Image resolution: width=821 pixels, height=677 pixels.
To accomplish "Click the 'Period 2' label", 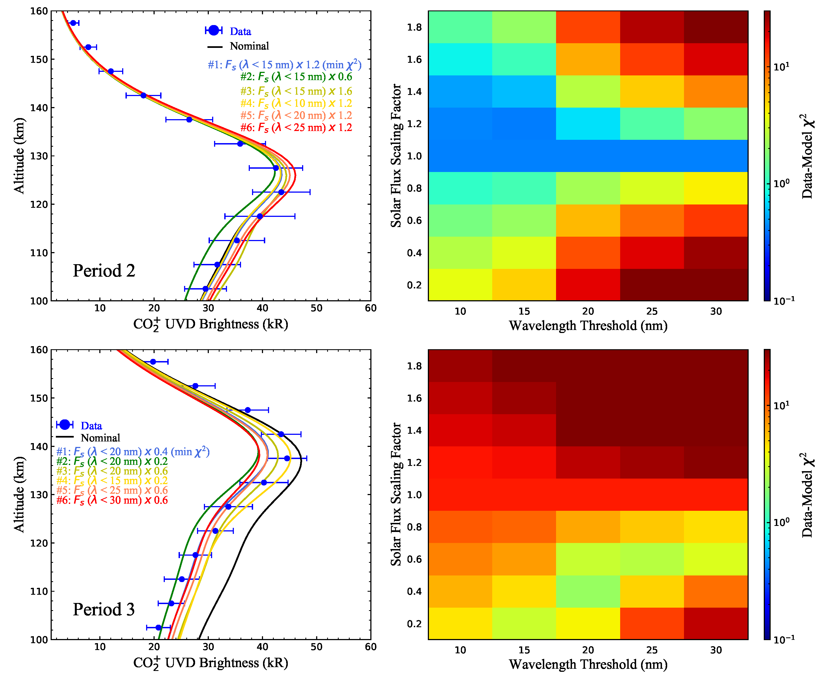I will (104, 271).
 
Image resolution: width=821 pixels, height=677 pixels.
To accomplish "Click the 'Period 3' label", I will (104, 609).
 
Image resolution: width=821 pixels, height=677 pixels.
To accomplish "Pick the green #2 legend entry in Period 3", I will (112, 461).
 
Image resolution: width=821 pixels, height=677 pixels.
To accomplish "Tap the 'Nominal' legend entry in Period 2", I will (249, 46).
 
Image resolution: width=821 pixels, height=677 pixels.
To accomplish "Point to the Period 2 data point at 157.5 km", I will (73, 23).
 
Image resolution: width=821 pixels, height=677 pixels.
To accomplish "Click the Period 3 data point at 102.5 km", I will (158, 627).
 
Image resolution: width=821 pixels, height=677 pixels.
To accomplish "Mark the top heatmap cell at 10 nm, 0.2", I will (460, 285).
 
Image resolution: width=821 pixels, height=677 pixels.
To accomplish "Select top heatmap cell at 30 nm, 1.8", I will (716, 27).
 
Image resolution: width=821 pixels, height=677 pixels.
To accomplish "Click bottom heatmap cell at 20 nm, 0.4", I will (588, 591).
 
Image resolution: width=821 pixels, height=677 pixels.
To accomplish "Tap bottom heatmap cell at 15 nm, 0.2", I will (524, 624).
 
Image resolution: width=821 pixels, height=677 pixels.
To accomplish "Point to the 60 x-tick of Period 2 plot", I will (370, 308).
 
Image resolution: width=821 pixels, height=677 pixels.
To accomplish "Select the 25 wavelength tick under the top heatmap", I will (652, 311).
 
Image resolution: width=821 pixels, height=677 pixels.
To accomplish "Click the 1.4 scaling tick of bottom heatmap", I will (414, 430).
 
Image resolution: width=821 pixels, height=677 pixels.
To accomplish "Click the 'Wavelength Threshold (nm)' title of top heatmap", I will (588, 326).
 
